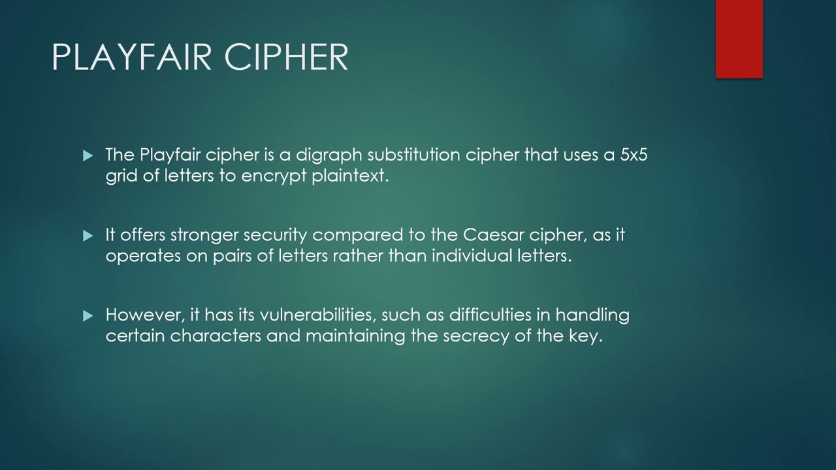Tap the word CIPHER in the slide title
click(x=287, y=57)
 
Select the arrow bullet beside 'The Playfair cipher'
click(x=88, y=156)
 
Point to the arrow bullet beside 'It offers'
click(x=88, y=236)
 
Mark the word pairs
click(x=232, y=255)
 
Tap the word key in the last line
click(x=585, y=336)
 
